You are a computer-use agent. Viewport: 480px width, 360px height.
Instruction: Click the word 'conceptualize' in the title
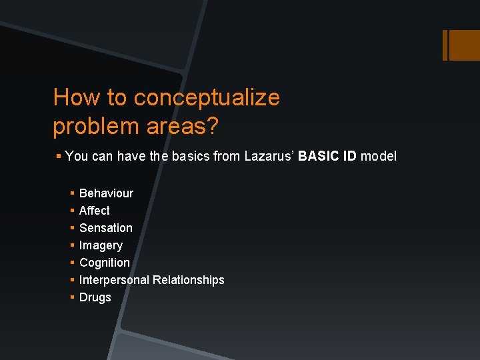[x=207, y=98]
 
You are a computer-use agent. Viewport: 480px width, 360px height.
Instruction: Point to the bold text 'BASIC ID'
[x=327, y=156]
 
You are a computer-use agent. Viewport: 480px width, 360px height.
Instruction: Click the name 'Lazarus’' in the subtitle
[x=269, y=156]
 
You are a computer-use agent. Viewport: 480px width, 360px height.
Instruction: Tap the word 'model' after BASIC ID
[x=378, y=156]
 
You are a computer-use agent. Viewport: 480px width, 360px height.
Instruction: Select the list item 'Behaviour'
[x=106, y=193]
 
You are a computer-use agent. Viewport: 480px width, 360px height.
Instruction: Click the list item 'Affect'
[x=94, y=211]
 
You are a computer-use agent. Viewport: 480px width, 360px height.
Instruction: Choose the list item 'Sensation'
[x=105, y=228]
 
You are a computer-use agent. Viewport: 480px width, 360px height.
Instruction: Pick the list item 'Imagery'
[x=101, y=245]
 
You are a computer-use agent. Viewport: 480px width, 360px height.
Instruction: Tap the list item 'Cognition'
[x=104, y=263]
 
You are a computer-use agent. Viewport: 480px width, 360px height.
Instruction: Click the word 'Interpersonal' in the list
[x=114, y=280]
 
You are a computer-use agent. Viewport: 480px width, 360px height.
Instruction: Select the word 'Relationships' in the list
[x=189, y=280]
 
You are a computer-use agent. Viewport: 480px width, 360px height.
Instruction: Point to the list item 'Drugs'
[x=95, y=297]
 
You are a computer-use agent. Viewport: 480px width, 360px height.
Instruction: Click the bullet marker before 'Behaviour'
[x=71, y=193]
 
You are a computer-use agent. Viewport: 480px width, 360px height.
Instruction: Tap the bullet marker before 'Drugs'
[x=71, y=297]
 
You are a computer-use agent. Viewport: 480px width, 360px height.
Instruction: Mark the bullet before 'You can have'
[x=59, y=156]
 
